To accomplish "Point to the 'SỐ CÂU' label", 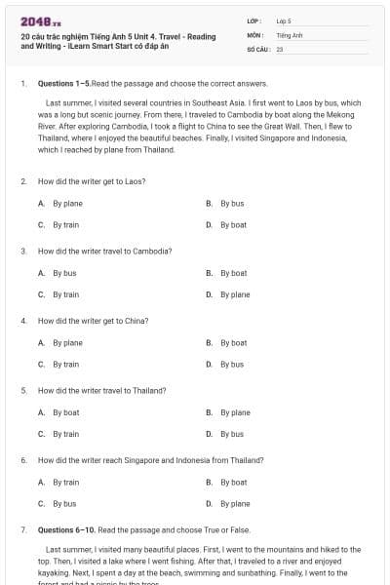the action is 257,48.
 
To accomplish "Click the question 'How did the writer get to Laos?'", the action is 92,181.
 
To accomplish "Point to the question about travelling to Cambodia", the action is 104,251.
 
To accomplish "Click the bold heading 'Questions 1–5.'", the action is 65,84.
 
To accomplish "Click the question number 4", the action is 23,320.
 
